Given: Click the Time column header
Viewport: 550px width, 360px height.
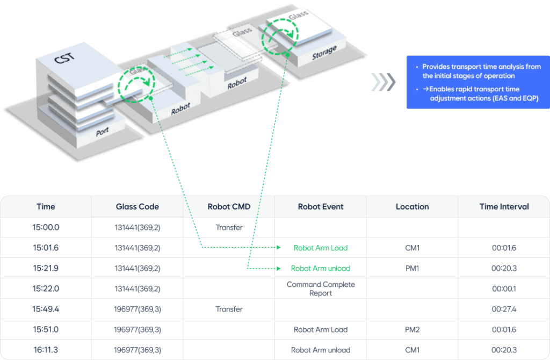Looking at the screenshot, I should [x=46, y=206].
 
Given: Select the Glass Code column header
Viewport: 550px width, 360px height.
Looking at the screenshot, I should [x=137, y=206].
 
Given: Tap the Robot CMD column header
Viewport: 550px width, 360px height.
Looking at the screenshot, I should [x=229, y=206].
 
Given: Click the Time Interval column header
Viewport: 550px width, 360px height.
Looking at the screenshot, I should [x=504, y=206].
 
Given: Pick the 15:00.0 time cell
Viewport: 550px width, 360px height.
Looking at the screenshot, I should [x=46, y=227].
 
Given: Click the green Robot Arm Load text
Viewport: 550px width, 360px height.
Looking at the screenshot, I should [x=321, y=248].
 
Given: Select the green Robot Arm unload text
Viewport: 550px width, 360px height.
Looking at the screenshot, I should [x=321, y=268].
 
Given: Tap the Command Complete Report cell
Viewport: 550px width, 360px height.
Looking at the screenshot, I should [x=321, y=289].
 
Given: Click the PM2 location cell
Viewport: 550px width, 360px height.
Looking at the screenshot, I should [x=412, y=329].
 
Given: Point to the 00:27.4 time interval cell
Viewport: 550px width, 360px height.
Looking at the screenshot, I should [x=504, y=309].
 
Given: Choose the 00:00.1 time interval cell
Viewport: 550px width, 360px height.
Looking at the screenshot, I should [x=504, y=289].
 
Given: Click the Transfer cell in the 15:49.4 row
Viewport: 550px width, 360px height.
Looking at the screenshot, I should [x=229, y=309].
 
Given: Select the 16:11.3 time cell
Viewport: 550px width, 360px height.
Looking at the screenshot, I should [x=46, y=350].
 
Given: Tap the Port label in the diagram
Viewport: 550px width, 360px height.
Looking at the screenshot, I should [x=102, y=132].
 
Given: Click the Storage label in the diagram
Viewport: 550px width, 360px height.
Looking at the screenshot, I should [x=324, y=53].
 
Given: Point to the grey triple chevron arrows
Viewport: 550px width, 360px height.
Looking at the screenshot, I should [x=383, y=82].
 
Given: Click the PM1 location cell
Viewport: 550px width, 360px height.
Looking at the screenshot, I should [x=412, y=268].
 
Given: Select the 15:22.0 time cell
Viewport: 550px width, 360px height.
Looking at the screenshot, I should [x=46, y=289].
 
